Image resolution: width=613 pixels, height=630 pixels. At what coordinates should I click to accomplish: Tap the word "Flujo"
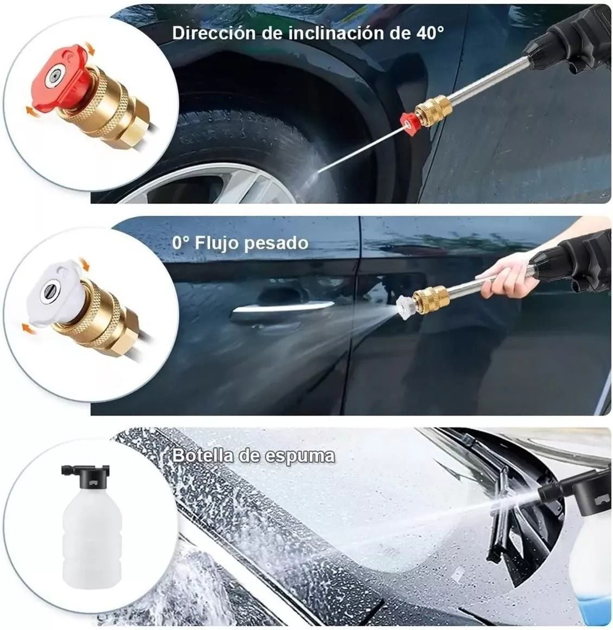pos(216,243)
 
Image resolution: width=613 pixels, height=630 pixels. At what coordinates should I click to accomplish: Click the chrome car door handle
pos(282,313)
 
